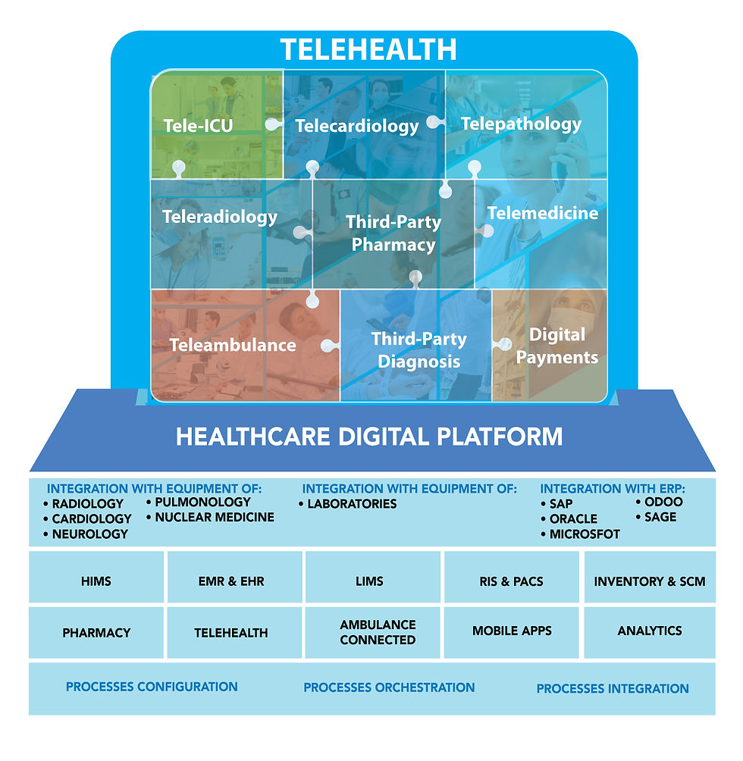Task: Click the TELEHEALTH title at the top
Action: point(368,49)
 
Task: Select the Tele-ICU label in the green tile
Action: point(198,125)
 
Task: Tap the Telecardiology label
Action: point(356,126)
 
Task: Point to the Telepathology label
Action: point(521,124)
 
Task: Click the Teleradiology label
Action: point(220,218)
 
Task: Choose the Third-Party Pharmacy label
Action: point(393,233)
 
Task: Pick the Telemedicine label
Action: point(542,213)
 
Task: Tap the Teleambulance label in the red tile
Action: point(232,345)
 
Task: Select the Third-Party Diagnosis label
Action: point(419,350)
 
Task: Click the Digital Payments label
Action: point(556,346)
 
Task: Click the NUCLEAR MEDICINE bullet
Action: point(215,518)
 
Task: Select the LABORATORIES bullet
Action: point(352,504)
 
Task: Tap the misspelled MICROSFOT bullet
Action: point(583,534)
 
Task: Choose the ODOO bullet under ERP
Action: point(663,502)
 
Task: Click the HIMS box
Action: point(96,581)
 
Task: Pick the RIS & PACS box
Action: point(512,581)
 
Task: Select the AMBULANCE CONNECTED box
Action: point(378,632)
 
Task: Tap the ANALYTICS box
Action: point(649,631)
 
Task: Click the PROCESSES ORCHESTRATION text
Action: point(389,687)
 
